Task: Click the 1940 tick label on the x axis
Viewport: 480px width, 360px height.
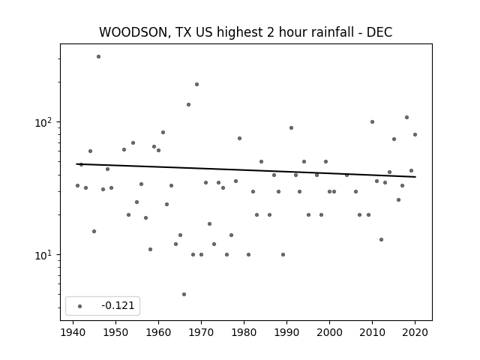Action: tap(73, 332)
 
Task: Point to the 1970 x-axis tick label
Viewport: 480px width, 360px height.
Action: tap(201, 332)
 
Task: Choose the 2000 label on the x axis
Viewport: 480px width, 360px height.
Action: tap(329, 332)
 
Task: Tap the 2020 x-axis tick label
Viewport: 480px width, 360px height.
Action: tap(415, 332)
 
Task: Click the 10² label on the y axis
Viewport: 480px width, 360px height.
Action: tap(46, 122)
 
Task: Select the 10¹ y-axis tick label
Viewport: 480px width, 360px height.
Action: tap(46, 255)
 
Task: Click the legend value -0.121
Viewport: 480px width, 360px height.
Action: tap(118, 305)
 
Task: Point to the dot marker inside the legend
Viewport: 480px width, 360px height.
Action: tap(80, 306)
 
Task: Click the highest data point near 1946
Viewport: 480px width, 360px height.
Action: tap(98, 57)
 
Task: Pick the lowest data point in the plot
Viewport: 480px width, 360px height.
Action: tap(184, 295)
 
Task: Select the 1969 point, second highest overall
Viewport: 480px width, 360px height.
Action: tap(196, 85)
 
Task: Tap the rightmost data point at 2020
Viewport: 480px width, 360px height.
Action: tap(415, 135)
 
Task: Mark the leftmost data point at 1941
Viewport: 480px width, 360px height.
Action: tap(77, 186)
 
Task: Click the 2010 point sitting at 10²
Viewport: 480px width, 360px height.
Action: tap(372, 121)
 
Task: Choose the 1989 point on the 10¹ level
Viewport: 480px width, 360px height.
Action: tap(283, 255)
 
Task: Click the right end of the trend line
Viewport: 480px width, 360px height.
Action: tap(415, 177)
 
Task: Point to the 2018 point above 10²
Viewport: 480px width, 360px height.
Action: tap(406, 118)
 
